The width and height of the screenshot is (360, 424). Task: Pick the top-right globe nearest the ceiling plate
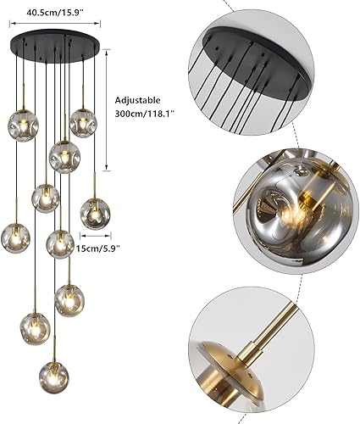click(81, 122)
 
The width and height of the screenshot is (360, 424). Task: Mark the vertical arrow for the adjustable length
click(106, 114)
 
